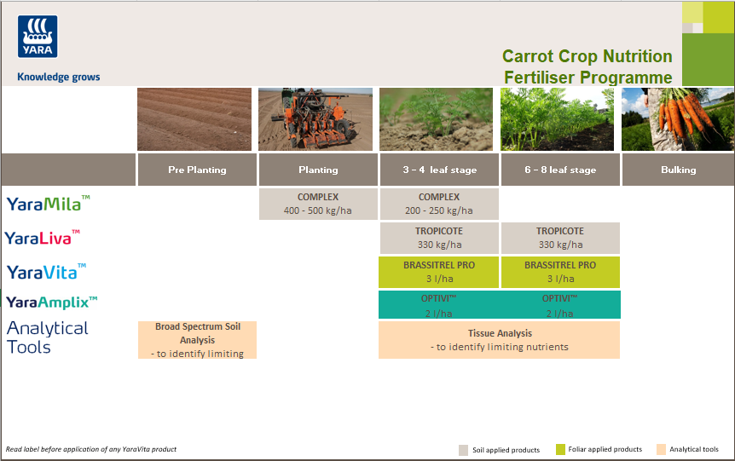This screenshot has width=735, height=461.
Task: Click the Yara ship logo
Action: pos(38,37)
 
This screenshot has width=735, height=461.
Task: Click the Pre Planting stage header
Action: pos(196,170)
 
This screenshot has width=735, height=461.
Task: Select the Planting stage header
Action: pos(317,170)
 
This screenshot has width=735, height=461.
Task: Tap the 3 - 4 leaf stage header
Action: pos(438,170)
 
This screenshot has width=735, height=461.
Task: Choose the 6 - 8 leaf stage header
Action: pos(560,170)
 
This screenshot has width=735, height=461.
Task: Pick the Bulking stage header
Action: pos(678,170)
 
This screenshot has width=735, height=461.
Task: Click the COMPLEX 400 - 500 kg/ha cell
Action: pos(317,204)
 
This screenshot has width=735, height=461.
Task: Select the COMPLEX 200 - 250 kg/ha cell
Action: pos(438,204)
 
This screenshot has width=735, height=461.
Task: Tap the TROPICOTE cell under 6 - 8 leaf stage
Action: pos(560,238)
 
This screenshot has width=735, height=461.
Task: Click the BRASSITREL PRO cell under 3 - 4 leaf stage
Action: pos(438,272)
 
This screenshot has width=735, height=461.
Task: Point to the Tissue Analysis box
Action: pos(499,340)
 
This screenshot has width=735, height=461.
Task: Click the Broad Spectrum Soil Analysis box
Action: pos(197,340)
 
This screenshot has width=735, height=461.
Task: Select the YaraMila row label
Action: pos(48,204)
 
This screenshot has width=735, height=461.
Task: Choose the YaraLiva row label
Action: pos(43,238)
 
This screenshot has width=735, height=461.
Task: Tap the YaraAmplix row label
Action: pos(51,302)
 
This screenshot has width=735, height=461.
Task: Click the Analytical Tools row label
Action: pos(47,337)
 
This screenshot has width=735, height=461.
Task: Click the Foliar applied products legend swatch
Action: pos(560,450)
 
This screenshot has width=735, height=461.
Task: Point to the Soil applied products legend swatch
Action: pos(463,450)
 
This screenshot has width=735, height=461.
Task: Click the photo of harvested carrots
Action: pos(678,119)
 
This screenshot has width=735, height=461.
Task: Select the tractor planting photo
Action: pos(315,119)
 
